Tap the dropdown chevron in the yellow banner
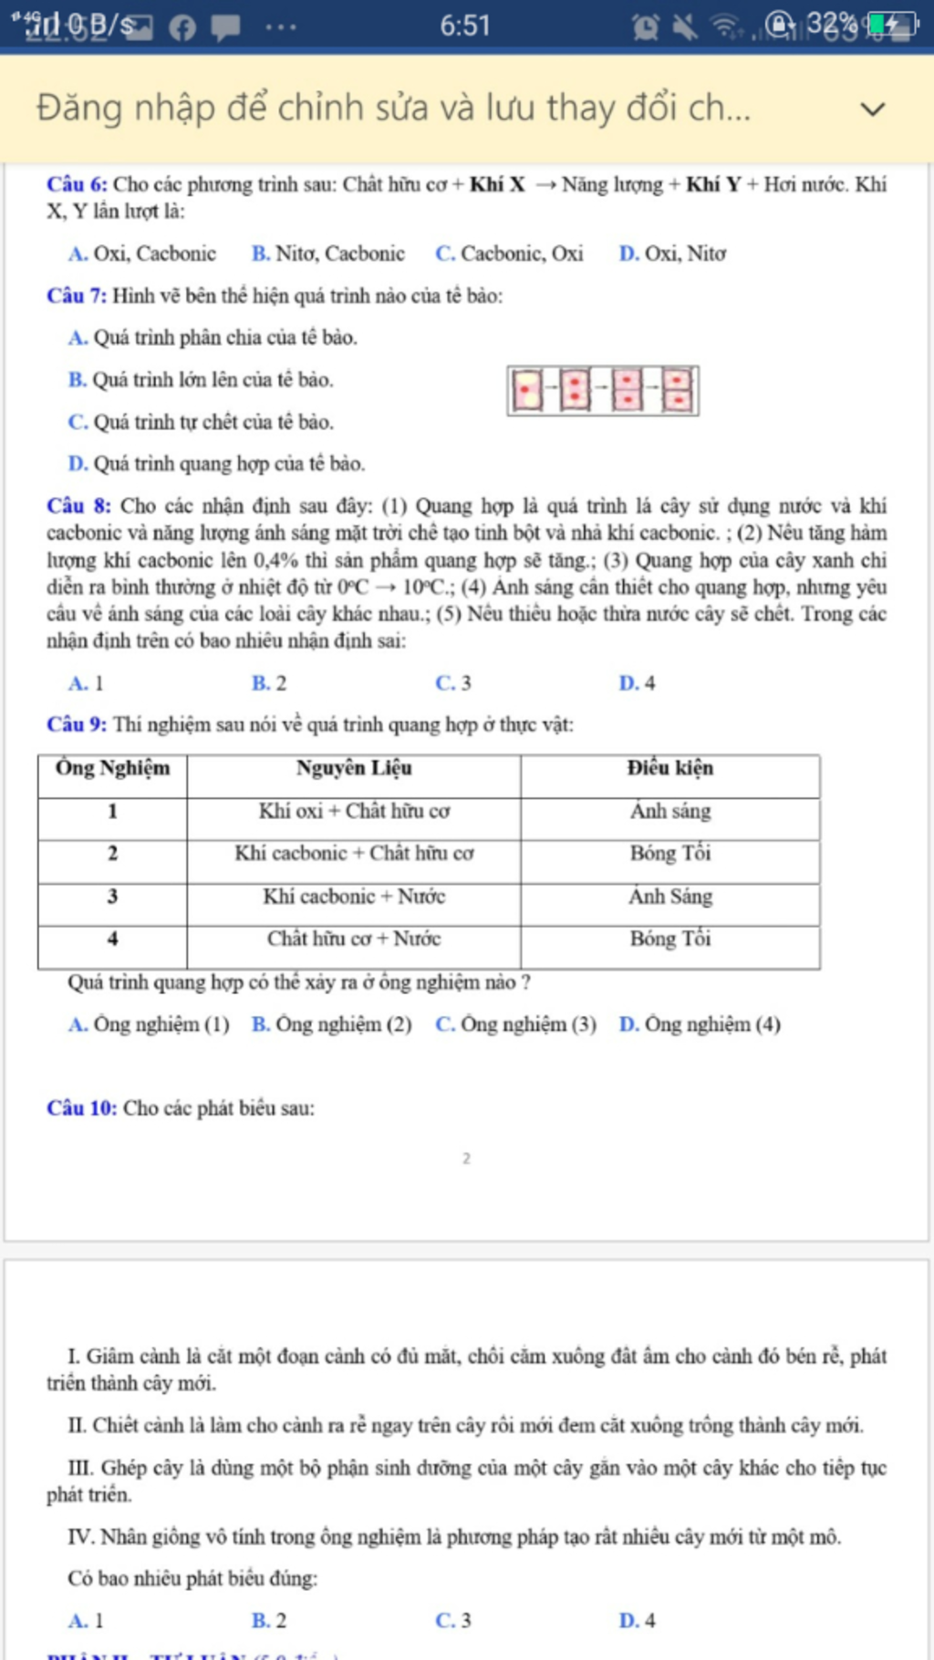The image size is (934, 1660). (x=873, y=109)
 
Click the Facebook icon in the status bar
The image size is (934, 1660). (x=182, y=27)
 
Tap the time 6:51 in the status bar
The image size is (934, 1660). (x=465, y=26)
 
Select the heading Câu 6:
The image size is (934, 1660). (x=77, y=184)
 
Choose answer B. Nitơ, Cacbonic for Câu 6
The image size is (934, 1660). (x=328, y=254)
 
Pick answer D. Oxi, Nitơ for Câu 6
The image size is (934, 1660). (x=672, y=254)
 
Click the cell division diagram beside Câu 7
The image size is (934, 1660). (x=603, y=390)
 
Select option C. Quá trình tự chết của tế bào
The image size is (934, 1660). (x=201, y=422)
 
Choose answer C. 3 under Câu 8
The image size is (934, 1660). (x=453, y=683)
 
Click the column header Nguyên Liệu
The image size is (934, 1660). (x=354, y=768)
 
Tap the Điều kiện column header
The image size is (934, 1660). (x=670, y=768)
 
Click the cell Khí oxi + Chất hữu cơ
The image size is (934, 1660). (x=354, y=811)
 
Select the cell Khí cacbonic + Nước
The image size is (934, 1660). (x=354, y=897)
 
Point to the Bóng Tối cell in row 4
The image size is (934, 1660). (x=670, y=939)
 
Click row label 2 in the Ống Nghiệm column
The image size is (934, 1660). (x=112, y=854)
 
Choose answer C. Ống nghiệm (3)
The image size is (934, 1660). (x=515, y=1024)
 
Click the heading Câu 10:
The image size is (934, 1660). (x=82, y=1108)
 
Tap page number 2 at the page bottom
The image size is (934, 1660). (x=466, y=1158)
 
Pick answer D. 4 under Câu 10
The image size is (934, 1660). (x=637, y=1621)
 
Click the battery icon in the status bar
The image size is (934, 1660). (x=891, y=25)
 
